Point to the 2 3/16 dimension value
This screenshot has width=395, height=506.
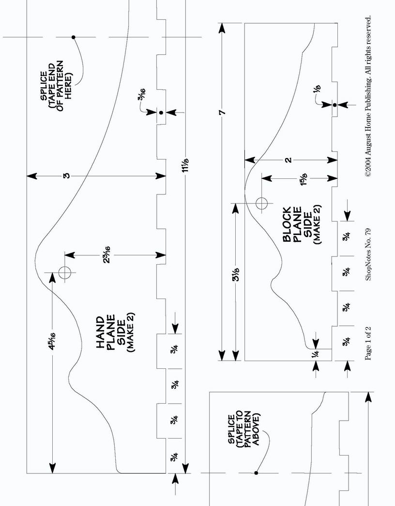(x=107, y=254)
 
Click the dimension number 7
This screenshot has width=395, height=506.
(x=222, y=112)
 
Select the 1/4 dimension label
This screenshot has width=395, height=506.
(x=316, y=354)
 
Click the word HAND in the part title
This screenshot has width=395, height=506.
(x=100, y=332)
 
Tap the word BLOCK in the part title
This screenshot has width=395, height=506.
(x=287, y=224)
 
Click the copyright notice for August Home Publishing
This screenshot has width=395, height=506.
(x=368, y=96)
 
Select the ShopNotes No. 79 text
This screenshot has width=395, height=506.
(x=368, y=254)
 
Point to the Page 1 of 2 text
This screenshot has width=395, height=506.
(x=368, y=343)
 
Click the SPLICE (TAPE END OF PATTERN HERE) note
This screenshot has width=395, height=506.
(x=56, y=85)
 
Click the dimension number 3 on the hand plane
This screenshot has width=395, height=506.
(x=66, y=176)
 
